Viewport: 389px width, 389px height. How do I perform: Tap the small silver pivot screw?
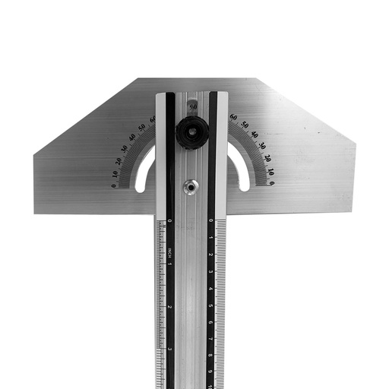coord(190,185)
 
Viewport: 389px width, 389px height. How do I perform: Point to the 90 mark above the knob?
coord(193,108)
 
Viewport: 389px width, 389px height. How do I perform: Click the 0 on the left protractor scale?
coord(114,185)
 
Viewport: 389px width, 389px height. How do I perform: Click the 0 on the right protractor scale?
coord(271,183)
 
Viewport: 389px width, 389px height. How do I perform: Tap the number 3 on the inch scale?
coord(170,349)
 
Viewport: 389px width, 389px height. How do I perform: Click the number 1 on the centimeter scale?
coord(210,237)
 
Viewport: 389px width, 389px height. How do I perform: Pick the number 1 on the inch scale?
coord(170,264)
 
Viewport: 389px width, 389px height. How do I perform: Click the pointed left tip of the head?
coord(35,156)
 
